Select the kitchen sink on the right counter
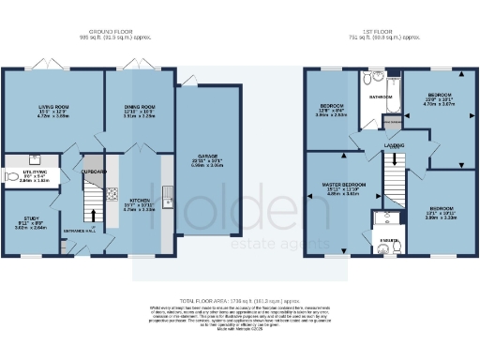166,197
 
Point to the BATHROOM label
380,96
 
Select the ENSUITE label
385,242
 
